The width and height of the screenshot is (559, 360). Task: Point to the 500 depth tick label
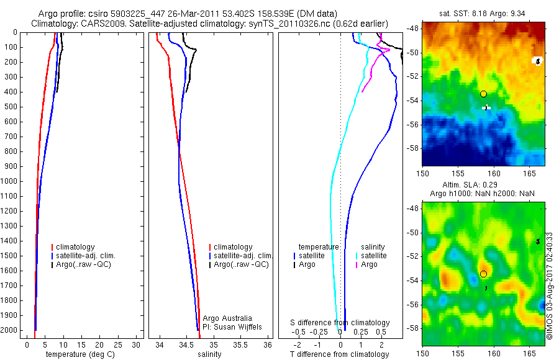tap(9, 107)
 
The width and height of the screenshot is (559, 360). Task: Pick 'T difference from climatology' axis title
tap(340, 354)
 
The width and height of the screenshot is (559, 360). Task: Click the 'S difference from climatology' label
tap(340, 323)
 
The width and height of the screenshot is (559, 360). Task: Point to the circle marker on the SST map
tap(483, 94)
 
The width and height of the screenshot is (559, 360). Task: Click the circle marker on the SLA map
tap(483, 274)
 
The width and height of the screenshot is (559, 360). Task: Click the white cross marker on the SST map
tap(486, 108)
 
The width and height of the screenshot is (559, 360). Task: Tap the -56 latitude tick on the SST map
tap(413, 124)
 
